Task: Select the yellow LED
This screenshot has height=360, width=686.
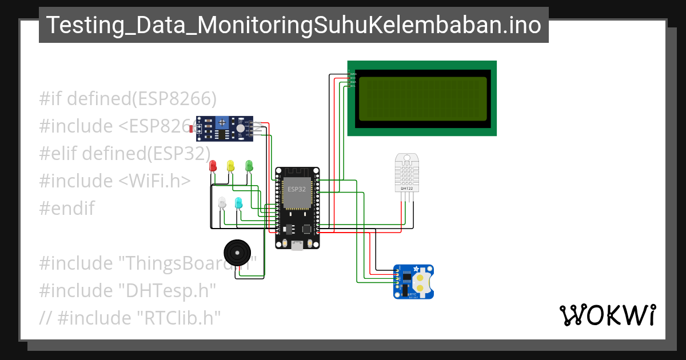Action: point(230,166)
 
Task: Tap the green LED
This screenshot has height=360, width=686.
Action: point(249,166)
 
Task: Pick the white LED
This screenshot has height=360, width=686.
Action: point(222,203)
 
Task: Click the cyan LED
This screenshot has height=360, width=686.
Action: point(238,203)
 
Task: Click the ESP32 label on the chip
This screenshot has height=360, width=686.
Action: point(297,189)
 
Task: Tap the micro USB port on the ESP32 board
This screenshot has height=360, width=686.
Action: point(297,245)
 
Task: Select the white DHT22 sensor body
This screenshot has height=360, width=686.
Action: point(407,171)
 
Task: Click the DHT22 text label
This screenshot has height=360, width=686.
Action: point(407,188)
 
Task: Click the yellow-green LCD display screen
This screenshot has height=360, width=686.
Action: point(424,98)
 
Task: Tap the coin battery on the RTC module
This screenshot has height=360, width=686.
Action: point(422,282)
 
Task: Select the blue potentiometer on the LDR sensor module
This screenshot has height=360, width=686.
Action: point(222,122)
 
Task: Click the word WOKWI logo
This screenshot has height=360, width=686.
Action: point(607,315)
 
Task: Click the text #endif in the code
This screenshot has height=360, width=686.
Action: point(67,209)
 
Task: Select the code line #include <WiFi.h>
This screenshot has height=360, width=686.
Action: point(114,181)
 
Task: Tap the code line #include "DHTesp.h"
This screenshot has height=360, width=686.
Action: point(127,291)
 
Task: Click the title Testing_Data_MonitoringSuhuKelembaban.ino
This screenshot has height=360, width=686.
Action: point(293,25)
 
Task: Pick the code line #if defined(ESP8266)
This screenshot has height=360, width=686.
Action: point(128,99)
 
